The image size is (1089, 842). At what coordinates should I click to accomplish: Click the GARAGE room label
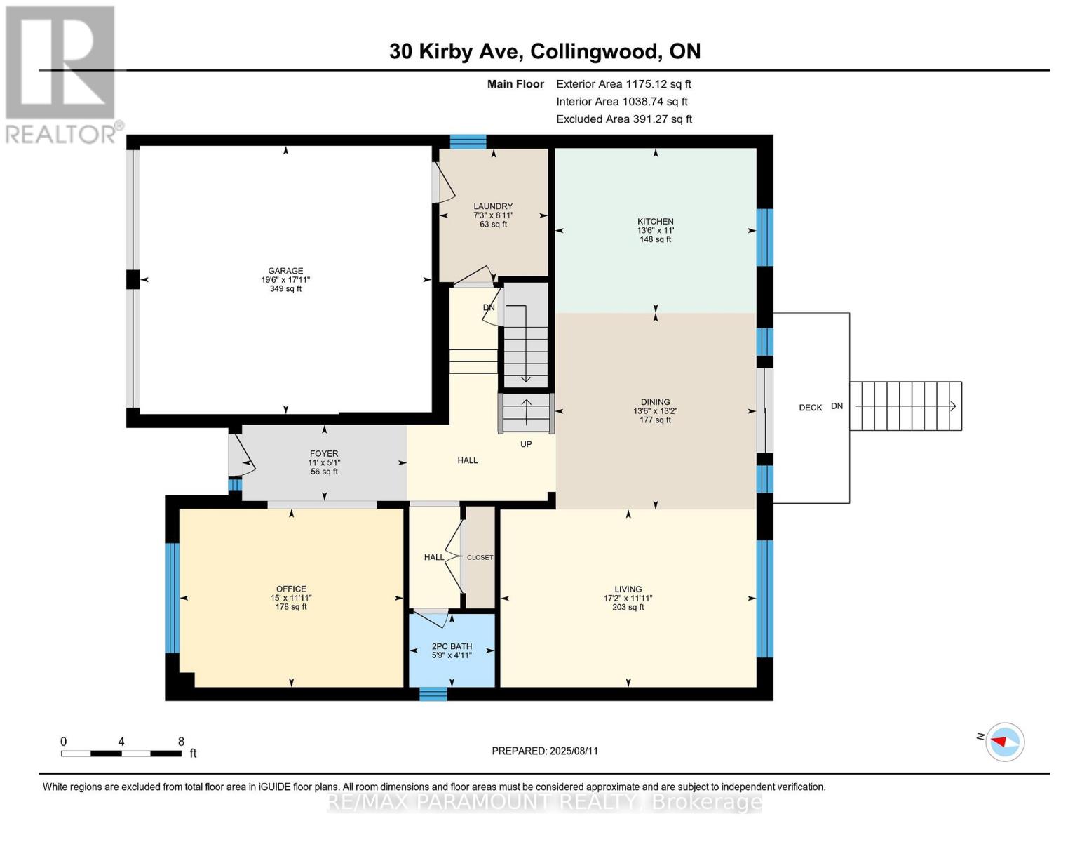point(285,271)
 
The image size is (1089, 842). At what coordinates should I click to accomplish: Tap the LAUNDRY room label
point(493,206)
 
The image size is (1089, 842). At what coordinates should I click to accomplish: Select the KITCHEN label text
point(655,222)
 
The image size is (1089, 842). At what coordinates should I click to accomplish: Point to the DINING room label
point(655,402)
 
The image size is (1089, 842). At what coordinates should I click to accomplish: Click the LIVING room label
point(628,589)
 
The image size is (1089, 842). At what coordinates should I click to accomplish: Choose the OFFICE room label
point(291,589)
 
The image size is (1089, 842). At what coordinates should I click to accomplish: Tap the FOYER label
point(324,454)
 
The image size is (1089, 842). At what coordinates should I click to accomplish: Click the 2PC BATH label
point(452,646)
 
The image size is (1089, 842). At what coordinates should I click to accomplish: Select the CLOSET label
point(480,557)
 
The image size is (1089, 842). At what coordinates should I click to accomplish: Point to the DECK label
point(811,408)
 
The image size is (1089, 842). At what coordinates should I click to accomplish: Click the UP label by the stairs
point(526,444)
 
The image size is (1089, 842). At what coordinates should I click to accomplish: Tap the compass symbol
point(1005,742)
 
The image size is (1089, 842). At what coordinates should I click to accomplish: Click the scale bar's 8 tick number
point(181,742)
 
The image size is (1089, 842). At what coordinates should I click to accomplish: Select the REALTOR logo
point(62,74)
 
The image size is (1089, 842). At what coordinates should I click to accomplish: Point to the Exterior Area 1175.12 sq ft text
point(623,84)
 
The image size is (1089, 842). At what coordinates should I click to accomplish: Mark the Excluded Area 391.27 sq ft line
point(624,119)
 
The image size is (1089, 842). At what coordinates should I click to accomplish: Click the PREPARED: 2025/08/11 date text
point(545,751)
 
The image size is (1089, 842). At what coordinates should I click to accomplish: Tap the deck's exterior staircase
point(905,406)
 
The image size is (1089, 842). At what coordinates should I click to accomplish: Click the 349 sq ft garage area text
point(285,289)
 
